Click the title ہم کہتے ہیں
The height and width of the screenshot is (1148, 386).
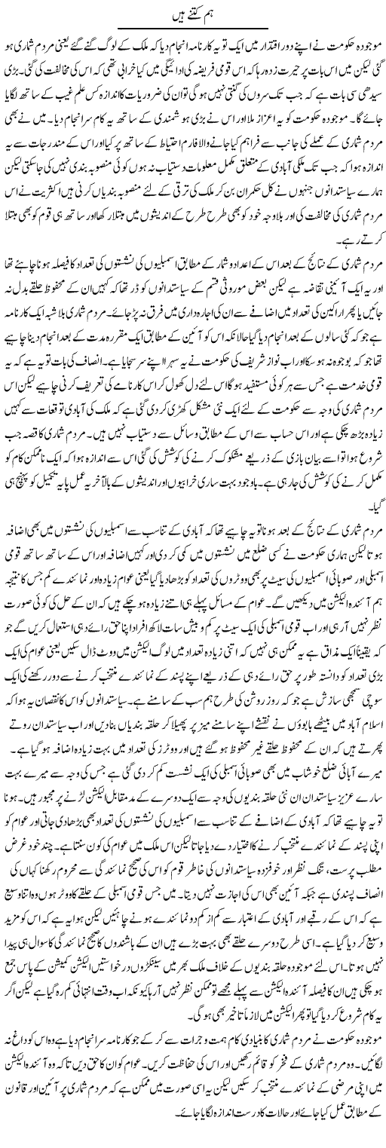(192, 10)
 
